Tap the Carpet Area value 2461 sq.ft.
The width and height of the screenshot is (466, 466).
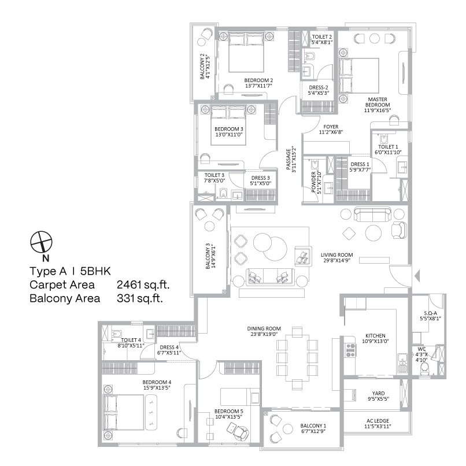click(x=144, y=285)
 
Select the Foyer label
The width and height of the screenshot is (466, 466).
click(x=331, y=129)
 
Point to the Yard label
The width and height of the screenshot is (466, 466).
click(x=379, y=396)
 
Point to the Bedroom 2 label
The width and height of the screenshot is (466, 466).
click(x=258, y=83)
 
